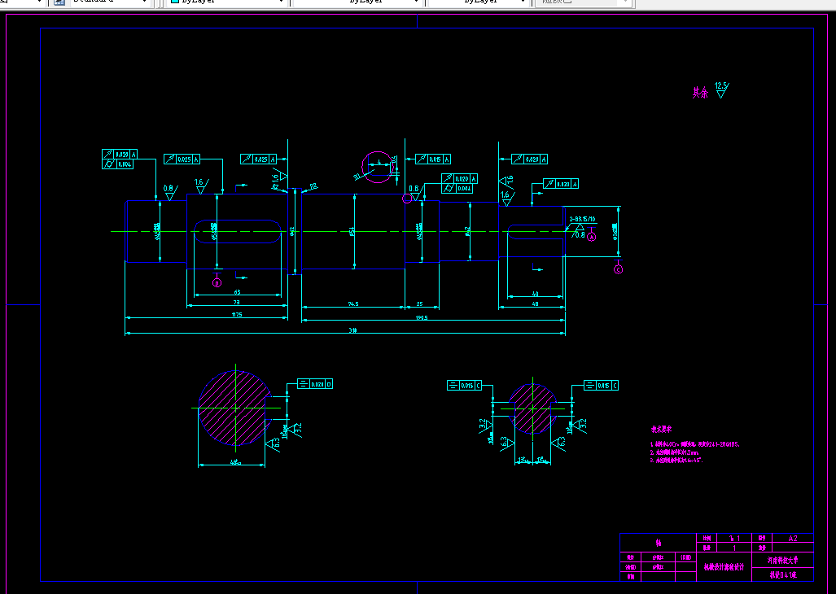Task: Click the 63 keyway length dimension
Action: click(x=237, y=291)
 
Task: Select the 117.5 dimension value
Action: click(x=237, y=314)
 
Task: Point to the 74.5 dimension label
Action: click(x=353, y=304)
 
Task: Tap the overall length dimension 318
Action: click(x=353, y=330)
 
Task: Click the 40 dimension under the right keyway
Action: click(x=535, y=293)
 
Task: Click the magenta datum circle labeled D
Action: click(x=217, y=282)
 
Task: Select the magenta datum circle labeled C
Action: click(x=618, y=269)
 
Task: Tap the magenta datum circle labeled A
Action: click(x=592, y=236)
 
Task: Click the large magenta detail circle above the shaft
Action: click(x=377, y=167)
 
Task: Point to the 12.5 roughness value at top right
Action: click(x=720, y=85)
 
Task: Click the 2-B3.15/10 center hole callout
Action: click(x=582, y=219)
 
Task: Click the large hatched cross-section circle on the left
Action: click(x=234, y=407)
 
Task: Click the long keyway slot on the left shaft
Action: click(x=236, y=232)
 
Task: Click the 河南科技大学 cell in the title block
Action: click(x=782, y=560)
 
